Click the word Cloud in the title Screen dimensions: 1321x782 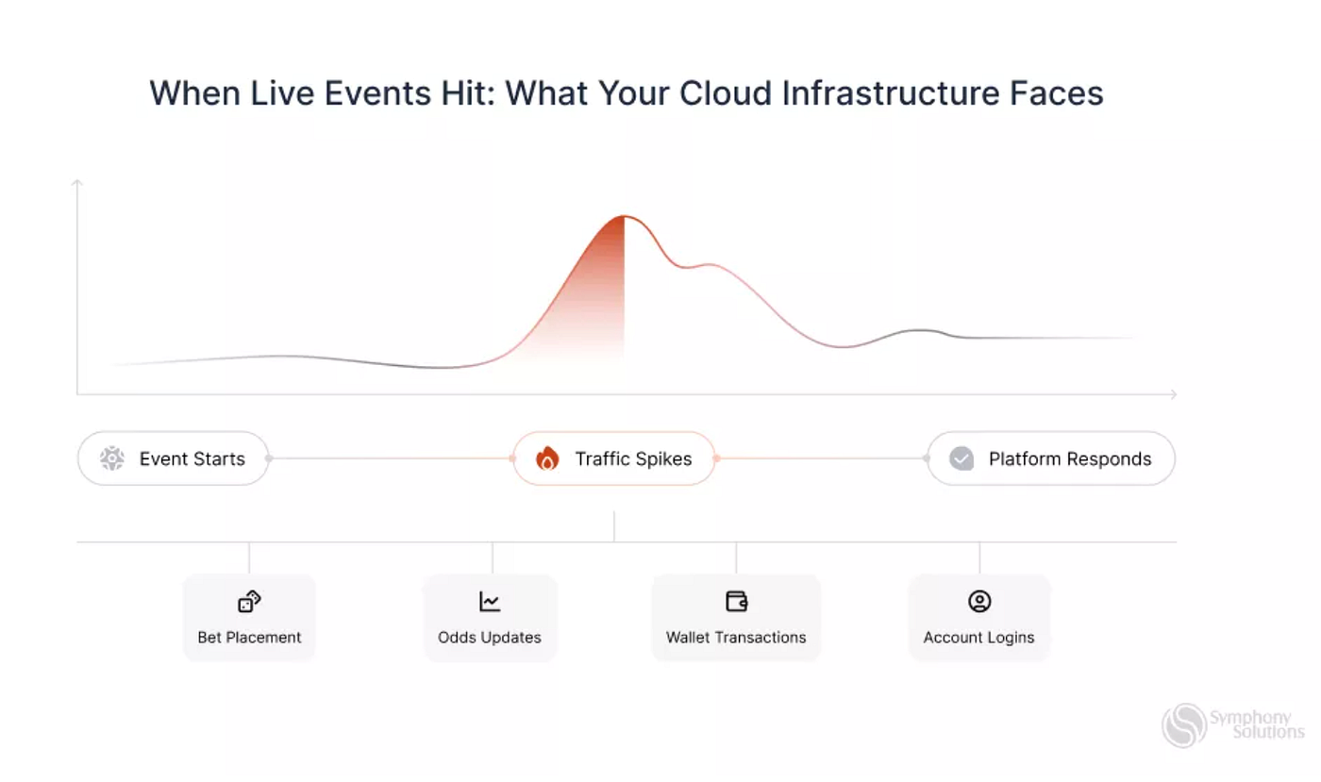(x=726, y=93)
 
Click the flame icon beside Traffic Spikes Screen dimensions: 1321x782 (x=547, y=458)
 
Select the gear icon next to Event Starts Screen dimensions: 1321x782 (x=112, y=458)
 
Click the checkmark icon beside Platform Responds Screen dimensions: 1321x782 (x=961, y=458)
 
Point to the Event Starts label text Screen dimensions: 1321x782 (x=192, y=458)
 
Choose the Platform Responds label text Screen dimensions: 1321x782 (x=1070, y=458)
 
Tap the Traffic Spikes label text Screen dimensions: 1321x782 (x=633, y=458)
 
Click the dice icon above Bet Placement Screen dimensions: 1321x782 (x=249, y=602)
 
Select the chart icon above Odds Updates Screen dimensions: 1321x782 (x=490, y=602)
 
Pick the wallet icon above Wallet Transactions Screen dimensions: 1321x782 (x=737, y=602)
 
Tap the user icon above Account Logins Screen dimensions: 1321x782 (x=979, y=602)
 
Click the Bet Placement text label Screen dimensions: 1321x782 (x=249, y=638)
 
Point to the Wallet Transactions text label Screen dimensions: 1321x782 (x=736, y=638)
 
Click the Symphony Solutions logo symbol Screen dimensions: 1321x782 (x=1184, y=725)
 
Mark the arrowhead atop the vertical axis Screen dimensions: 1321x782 (x=76, y=181)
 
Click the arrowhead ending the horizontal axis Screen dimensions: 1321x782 (x=1175, y=394)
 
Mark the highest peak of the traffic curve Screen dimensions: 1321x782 (x=624, y=216)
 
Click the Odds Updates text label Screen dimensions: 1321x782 (x=490, y=638)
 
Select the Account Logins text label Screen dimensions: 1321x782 (x=979, y=638)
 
